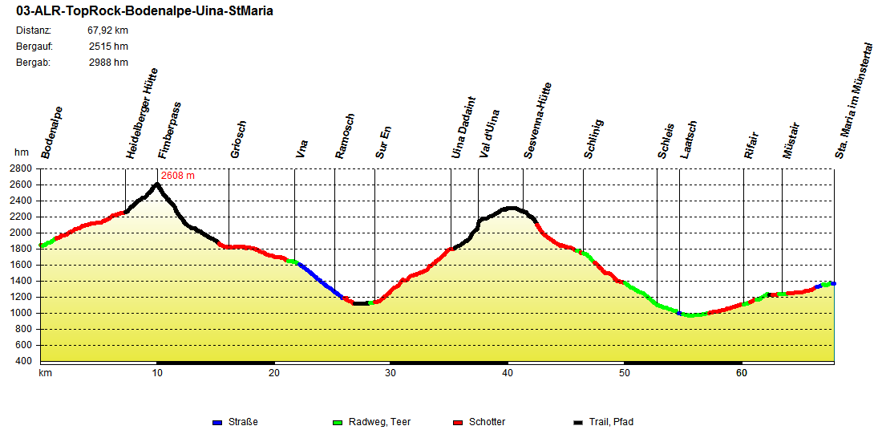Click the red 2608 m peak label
[178, 175]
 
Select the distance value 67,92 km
[107, 30]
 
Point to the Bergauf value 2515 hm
[108, 47]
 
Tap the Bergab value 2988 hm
[108, 63]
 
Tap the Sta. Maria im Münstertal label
[853, 101]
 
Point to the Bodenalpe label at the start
[52, 132]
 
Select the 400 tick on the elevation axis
[24, 361]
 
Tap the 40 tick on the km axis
[508, 373]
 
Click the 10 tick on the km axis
[158, 373]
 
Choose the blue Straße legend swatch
[216, 422]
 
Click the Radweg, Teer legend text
[379, 422]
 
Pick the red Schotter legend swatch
[458, 422]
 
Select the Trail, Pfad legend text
[611, 422]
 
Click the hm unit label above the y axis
[21, 152]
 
